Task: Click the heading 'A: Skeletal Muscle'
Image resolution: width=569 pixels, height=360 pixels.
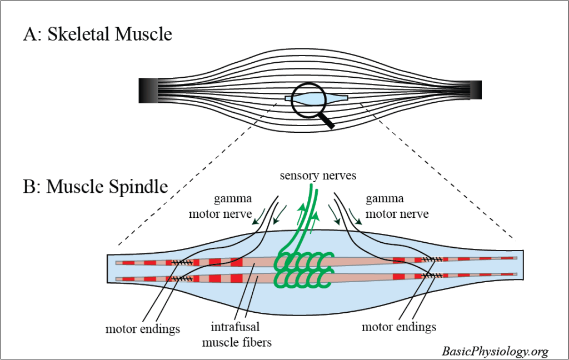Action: tap(97, 34)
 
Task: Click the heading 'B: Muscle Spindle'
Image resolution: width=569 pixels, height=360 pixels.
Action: tap(96, 186)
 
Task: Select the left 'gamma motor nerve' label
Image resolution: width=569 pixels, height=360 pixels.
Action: tap(232, 207)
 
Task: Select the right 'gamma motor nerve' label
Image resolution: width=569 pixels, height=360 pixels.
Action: tap(397, 207)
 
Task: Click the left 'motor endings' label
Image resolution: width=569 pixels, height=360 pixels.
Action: tap(143, 329)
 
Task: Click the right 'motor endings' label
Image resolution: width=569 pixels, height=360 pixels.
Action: tap(398, 326)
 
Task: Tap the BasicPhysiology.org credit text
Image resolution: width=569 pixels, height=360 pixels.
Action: tap(495, 351)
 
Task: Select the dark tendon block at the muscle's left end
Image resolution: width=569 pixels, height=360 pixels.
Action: tap(148, 91)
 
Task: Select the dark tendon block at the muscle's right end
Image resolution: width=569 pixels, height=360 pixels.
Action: tap(476, 90)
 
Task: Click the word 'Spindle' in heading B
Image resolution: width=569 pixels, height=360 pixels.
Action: tap(139, 186)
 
